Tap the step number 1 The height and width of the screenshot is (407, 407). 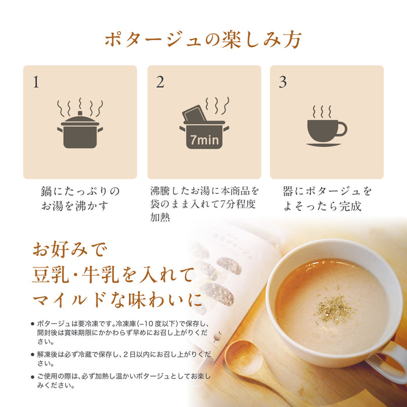pos(36,82)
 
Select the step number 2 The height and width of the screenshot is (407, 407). pos(160,82)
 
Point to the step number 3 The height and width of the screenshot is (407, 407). pos(283,82)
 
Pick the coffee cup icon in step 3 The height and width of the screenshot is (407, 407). pos(325,131)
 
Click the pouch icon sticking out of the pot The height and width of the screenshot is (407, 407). pos(194,114)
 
